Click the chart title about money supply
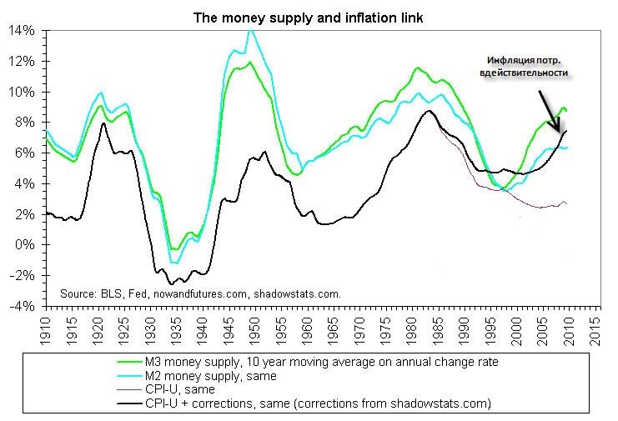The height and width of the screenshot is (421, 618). pos(309,16)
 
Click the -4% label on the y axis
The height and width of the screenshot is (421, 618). pos(23,307)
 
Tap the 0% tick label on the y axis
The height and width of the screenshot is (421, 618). pos(27,245)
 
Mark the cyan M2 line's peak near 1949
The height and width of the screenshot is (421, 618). pos(249,31)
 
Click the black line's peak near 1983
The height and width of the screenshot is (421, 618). pos(429,111)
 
